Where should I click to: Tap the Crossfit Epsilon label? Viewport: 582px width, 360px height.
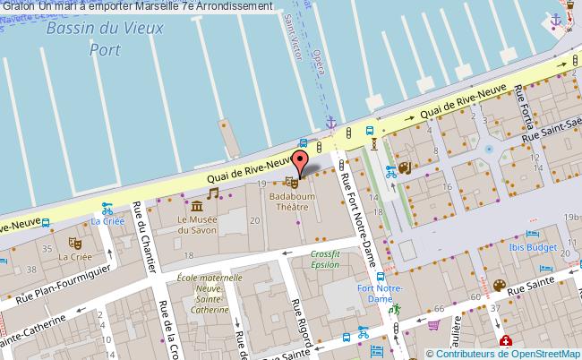point(325,260)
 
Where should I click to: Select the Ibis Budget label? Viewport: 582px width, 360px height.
point(546,240)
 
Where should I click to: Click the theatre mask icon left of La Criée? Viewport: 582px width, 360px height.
point(77,241)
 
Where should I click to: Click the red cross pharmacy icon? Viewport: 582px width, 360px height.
point(506,341)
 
